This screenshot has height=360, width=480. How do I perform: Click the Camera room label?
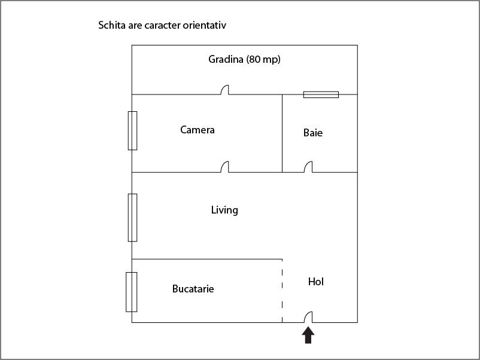click(x=197, y=130)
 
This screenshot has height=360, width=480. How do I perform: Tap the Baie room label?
click(x=313, y=133)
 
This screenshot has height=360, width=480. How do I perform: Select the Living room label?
click(x=224, y=210)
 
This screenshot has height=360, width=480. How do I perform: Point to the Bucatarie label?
click(x=193, y=289)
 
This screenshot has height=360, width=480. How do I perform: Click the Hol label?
click(x=316, y=282)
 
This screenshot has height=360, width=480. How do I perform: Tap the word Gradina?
click(x=226, y=59)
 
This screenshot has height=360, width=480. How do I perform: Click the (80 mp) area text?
click(x=263, y=59)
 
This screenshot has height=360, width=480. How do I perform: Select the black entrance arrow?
click(x=308, y=335)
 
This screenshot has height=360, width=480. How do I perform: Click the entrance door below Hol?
click(x=308, y=317)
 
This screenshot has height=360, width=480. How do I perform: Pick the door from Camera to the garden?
click(x=224, y=90)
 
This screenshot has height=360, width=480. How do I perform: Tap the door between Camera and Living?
click(x=224, y=167)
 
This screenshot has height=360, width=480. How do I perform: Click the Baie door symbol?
click(x=308, y=167)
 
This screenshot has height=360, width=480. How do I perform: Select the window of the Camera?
click(x=132, y=130)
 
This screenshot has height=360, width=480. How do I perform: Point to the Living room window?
click(x=132, y=218)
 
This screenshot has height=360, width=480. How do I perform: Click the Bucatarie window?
click(x=131, y=292)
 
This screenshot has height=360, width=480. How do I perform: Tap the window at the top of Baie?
click(x=321, y=94)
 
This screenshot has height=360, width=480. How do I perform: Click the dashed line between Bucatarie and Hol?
click(x=282, y=291)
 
